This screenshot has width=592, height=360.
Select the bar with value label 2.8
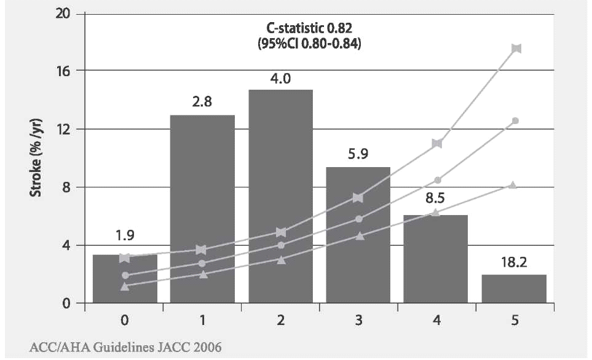pos(202,209)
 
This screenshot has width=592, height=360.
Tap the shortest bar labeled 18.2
pos(514,289)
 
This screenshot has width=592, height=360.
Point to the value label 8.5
pos(436,199)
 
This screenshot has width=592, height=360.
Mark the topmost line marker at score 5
pos(516,49)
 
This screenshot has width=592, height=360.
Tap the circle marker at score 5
pos(515,120)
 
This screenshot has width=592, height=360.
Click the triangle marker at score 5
pos(513,185)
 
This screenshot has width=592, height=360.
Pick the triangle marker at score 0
pos(125,286)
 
